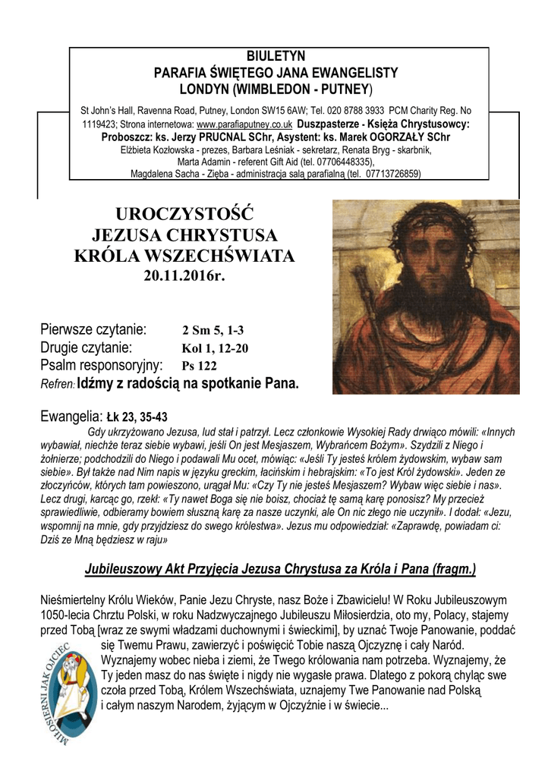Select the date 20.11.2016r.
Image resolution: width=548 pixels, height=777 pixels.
point(185,275)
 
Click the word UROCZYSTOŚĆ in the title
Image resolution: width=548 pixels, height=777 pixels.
point(184,212)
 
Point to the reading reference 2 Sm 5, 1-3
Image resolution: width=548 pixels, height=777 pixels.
point(213,331)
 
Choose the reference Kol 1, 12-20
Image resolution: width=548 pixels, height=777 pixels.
point(215,348)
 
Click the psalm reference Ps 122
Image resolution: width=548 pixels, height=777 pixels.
point(199,366)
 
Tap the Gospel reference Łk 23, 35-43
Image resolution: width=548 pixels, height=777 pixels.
point(137,417)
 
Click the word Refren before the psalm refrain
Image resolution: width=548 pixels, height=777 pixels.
point(56,385)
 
